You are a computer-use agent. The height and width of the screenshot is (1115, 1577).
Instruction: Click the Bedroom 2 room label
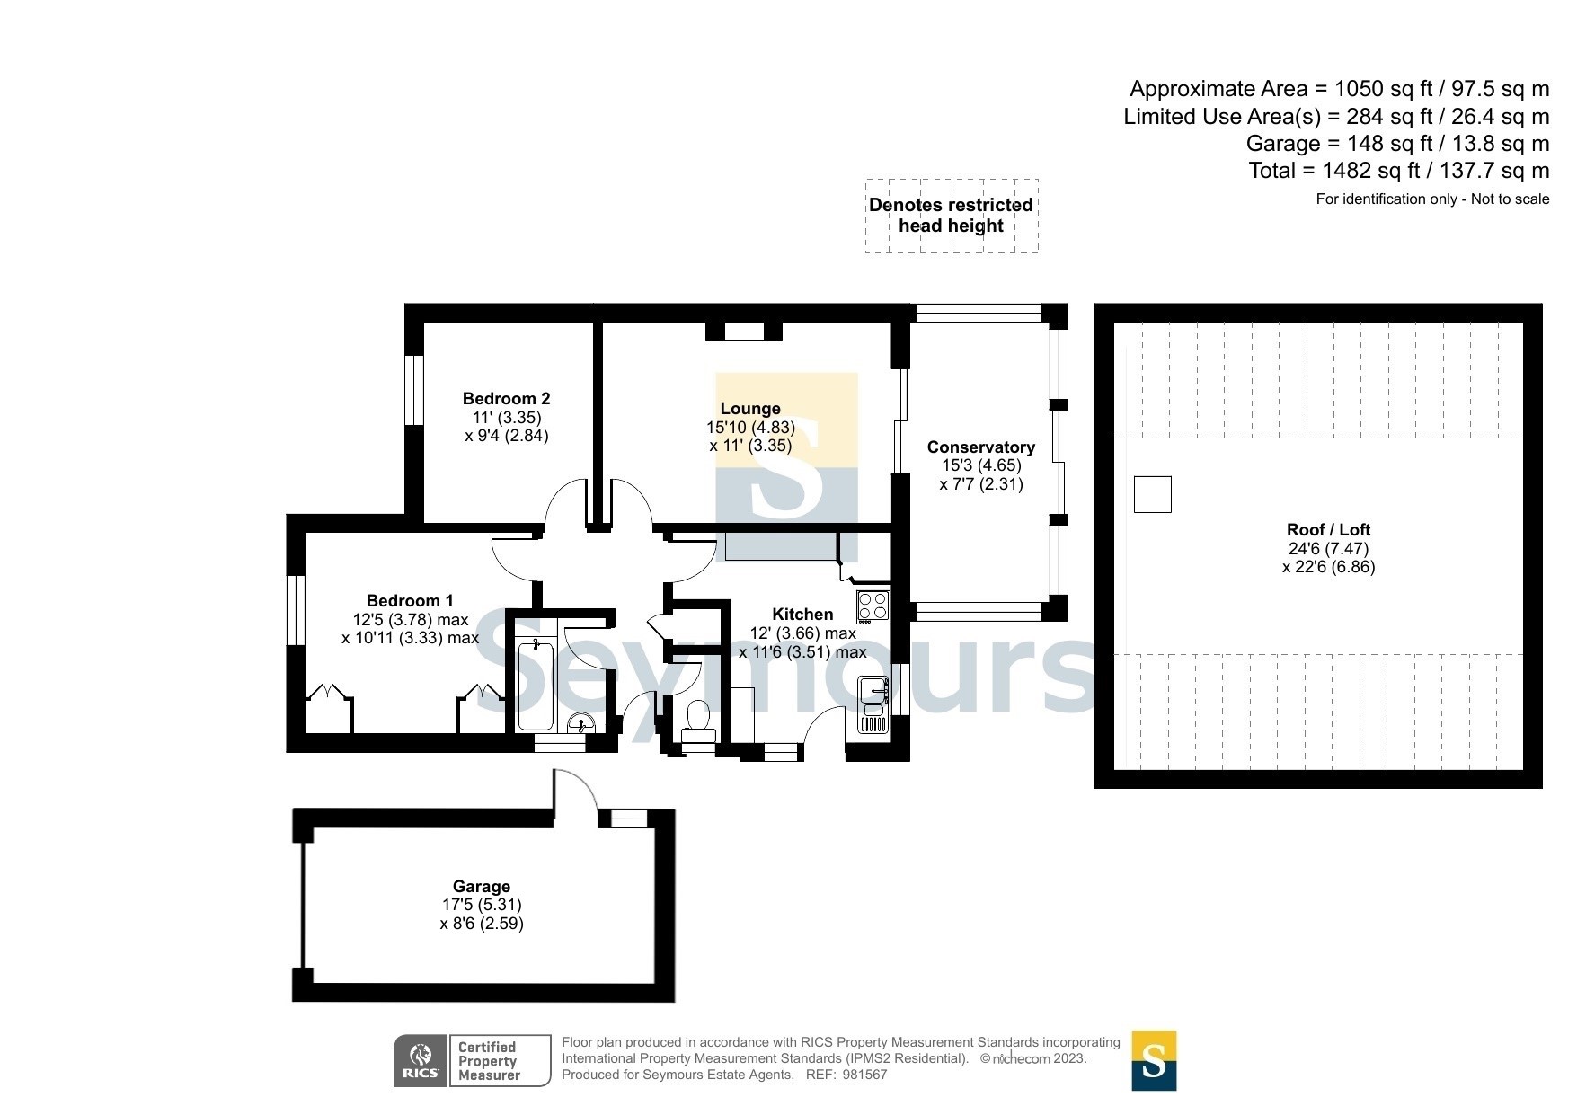[x=506, y=398]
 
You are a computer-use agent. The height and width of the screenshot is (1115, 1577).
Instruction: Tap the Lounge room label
[x=750, y=408]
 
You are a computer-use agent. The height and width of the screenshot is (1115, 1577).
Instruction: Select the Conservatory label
[x=980, y=447]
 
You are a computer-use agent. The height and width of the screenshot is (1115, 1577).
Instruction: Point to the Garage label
[x=482, y=886]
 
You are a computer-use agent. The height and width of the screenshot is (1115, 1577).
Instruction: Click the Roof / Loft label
[x=1328, y=529]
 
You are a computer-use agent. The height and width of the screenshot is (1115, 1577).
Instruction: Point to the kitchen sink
[x=873, y=704]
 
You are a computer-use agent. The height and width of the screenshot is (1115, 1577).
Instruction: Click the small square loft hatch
[x=1152, y=494]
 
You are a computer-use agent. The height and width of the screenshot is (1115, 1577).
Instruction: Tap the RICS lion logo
[x=421, y=1060]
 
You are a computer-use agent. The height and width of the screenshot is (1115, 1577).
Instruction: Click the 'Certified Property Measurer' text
[x=489, y=1060]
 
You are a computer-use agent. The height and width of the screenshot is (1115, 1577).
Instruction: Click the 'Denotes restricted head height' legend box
[x=952, y=216]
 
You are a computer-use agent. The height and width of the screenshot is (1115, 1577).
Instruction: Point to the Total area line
[x=1399, y=170]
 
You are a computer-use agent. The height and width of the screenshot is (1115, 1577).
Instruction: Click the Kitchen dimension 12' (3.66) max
[x=802, y=633]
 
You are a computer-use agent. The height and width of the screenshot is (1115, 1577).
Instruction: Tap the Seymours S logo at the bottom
[x=1154, y=1060]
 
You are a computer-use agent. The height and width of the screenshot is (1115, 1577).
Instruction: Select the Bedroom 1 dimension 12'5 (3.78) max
[x=411, y=620]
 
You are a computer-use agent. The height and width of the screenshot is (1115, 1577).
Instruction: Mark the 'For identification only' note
[x=1432, y=199]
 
